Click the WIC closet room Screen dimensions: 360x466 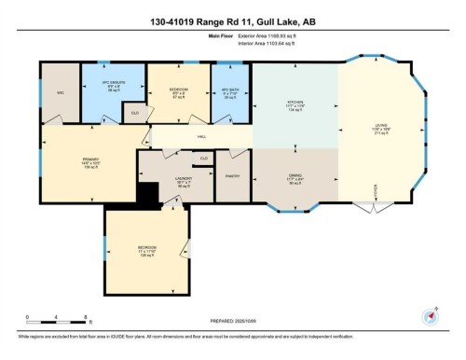[61, 93]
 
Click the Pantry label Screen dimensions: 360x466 [231, 173]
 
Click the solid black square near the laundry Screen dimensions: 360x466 [147, 198]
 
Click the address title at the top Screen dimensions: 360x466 [232, 21]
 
